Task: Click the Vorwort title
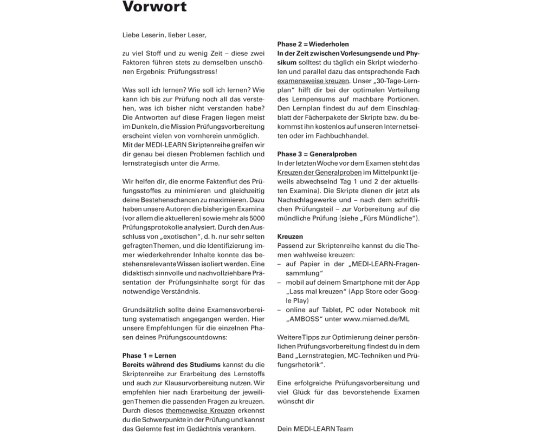coord(154,8)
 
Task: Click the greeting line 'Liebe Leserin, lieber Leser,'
coord(164,36)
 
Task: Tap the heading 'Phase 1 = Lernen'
coord(149,356)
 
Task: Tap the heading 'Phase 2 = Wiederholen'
coord(313,44)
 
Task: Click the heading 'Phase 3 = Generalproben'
coord(317,154)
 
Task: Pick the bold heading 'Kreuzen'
coord(290,237)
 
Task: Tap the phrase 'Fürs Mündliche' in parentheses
coord(392,218)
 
